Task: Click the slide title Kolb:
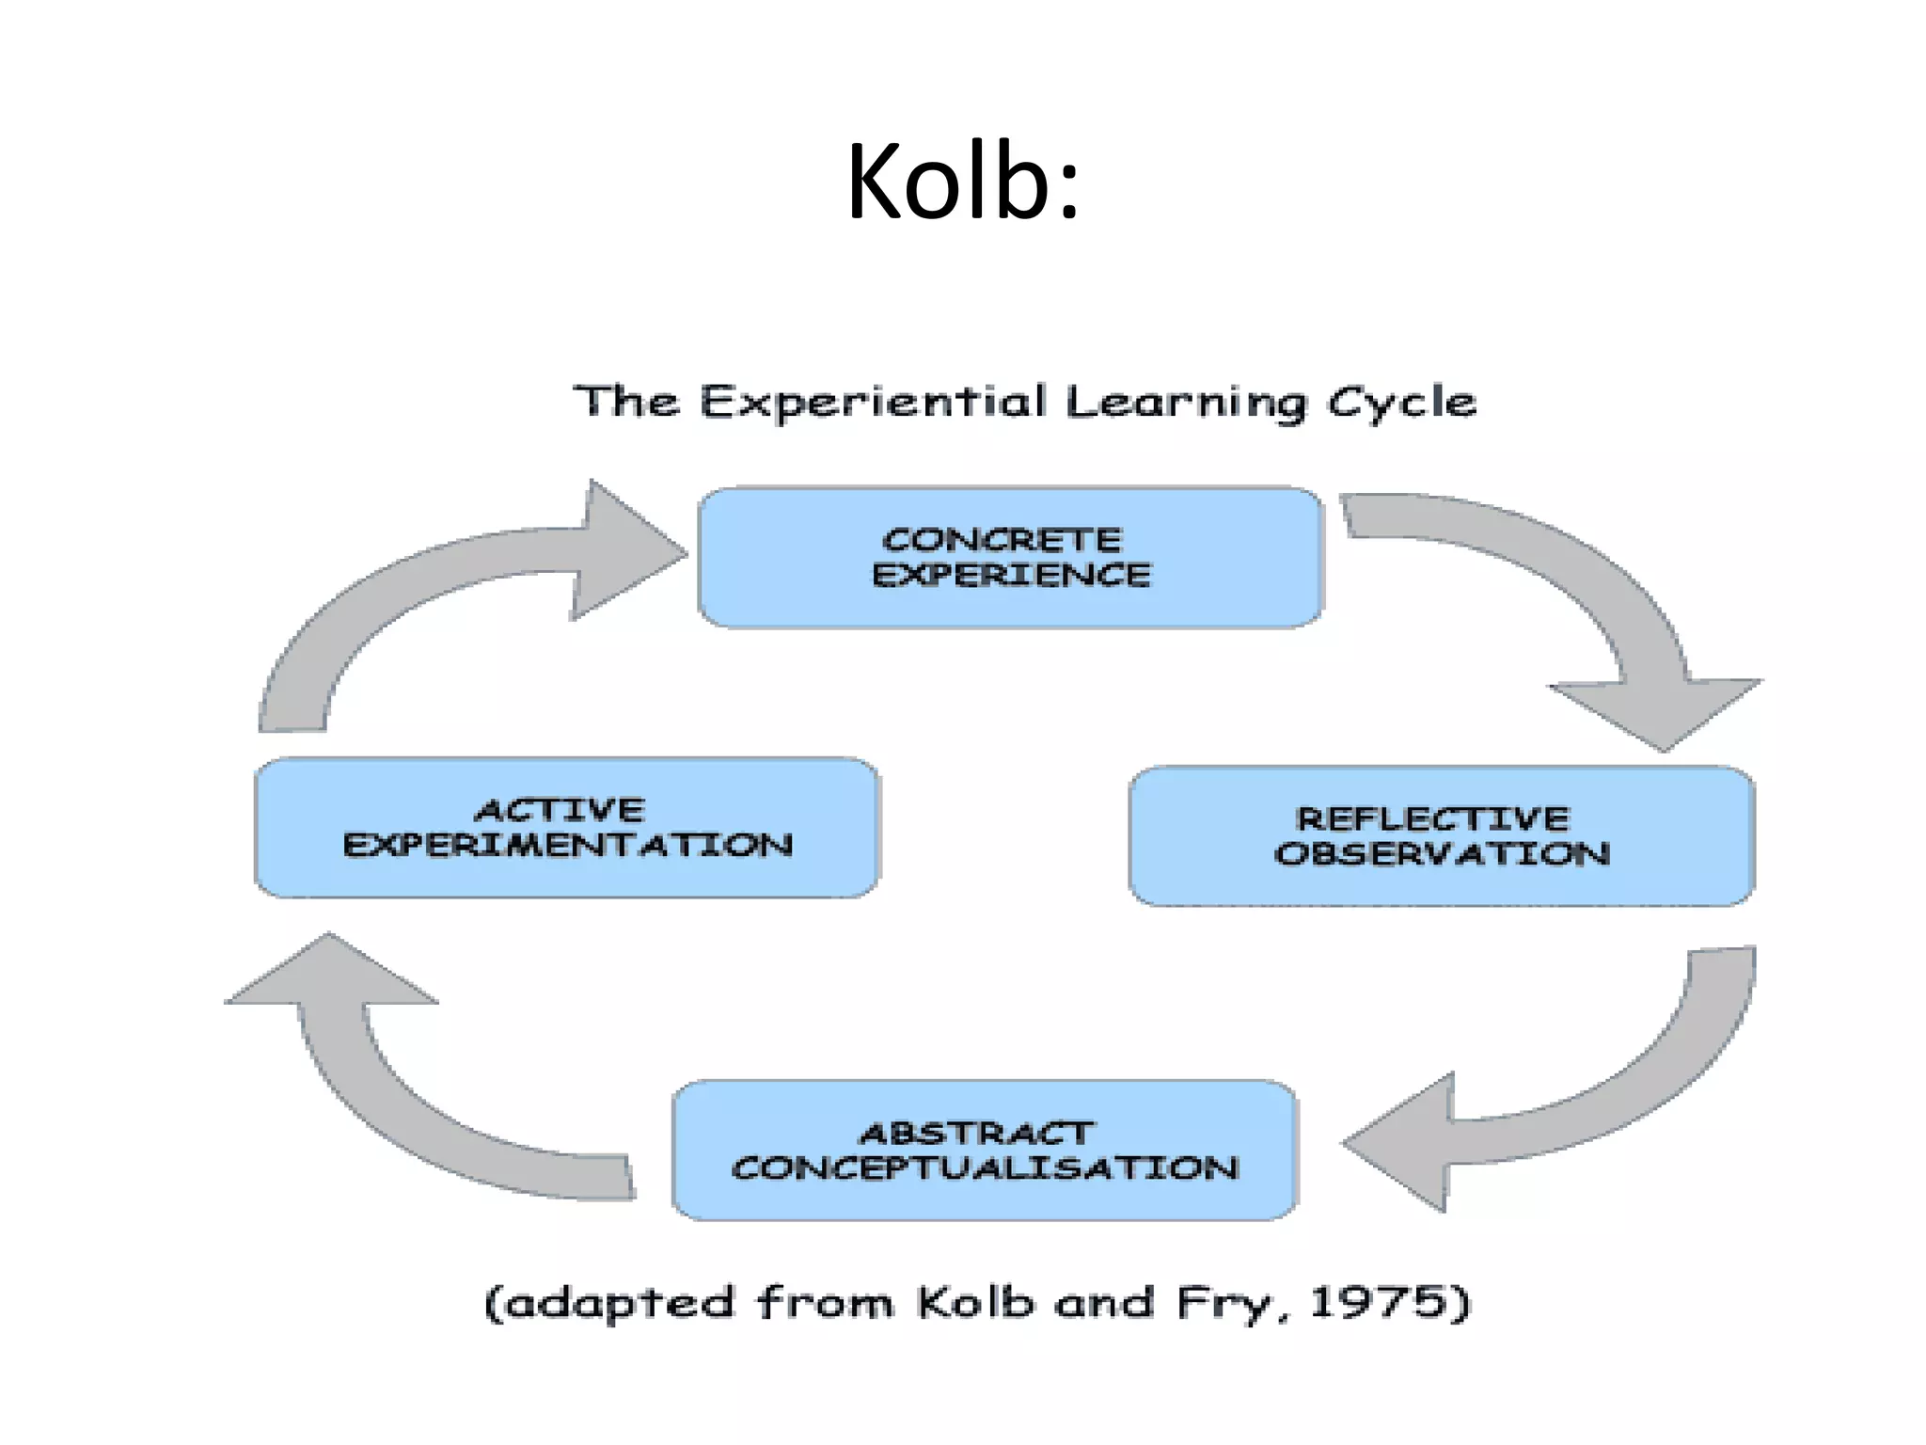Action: tap(963, 181)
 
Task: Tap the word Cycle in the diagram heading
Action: tap(1401, 403)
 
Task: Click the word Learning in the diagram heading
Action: tap(1186, 403)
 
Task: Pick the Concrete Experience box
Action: tap(1010, 557)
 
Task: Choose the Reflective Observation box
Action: tap(1442, 836)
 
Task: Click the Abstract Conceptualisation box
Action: tap(985, 1150)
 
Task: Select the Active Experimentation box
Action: tap(567, 828)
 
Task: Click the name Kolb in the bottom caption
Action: tap(975, 1303)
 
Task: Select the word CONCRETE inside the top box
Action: tap(1002, 540)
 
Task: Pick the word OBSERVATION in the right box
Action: tap(1442, 854)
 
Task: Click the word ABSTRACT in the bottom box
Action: tap(977, 1134)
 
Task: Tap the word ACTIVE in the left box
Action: tap(560, 810)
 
